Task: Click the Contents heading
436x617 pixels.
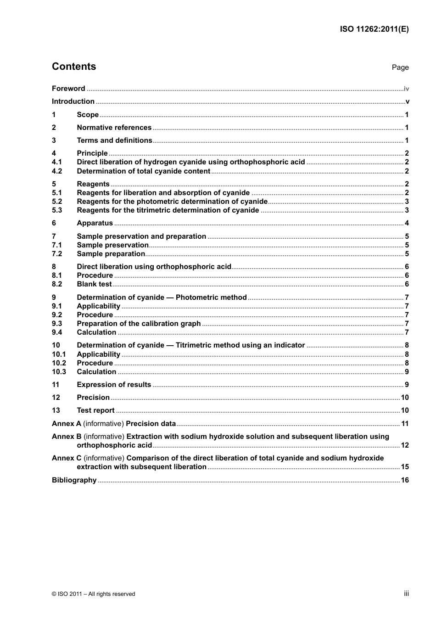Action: tap(74, 67)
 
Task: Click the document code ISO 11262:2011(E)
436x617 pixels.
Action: tap(374, 29)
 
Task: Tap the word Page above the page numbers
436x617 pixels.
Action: tap(400, 67)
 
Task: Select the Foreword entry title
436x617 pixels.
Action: tap(68, 89)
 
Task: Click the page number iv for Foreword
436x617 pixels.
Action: tap(406, 89)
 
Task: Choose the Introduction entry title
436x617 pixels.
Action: tap(73, 101)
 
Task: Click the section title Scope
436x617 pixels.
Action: tap(88, 115)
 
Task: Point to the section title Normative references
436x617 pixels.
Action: tap(114, 128)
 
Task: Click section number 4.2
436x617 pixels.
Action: tap(57, 171)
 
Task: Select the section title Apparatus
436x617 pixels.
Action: tap(95, 223)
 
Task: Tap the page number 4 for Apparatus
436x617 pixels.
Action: tap(407, 223)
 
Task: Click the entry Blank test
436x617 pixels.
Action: tap(94, 284)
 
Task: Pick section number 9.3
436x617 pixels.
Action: tap(57, 324)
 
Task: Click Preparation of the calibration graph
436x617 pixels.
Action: tap(139, 324)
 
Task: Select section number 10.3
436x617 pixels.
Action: tap(59, 372)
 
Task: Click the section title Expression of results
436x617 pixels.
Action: tap(114, 385)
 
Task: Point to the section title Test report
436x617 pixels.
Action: tap(95, 410)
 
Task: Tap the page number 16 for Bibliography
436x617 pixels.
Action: tap(405, 480)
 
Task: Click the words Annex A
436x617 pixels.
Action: tap(67, 424)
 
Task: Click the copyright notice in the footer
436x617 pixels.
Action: tap(94, 594)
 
